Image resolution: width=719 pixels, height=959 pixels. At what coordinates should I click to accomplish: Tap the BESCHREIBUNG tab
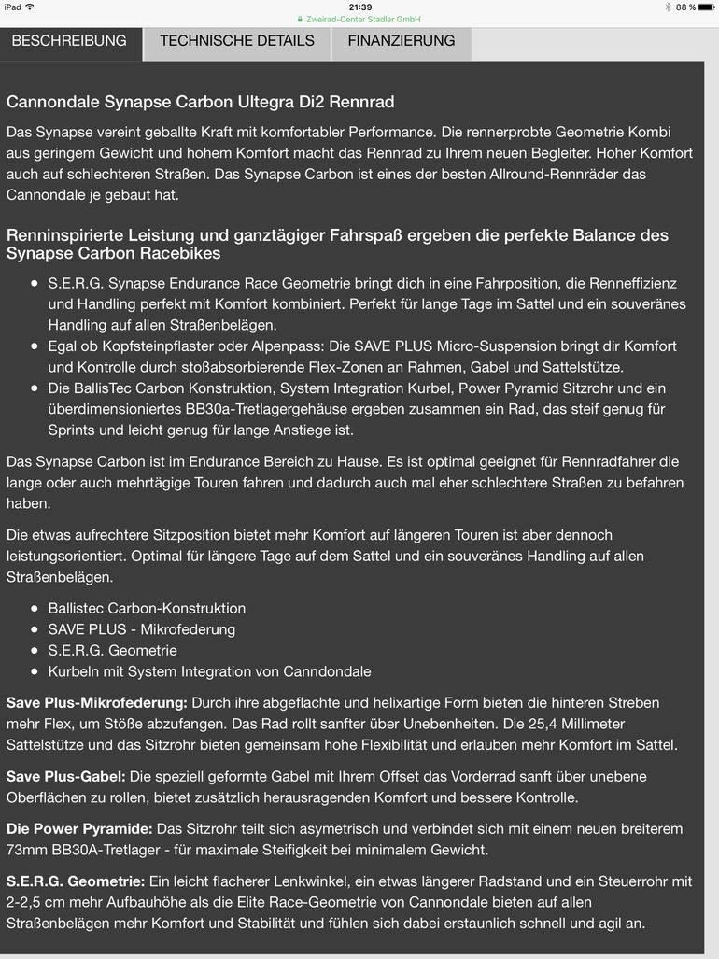tap(69, 41)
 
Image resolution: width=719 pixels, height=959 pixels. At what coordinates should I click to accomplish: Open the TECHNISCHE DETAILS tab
tap(237, 41)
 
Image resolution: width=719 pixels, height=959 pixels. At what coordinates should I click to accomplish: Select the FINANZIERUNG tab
tap(402, 41)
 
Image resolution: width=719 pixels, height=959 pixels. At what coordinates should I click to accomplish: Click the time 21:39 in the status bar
tap(359, 7)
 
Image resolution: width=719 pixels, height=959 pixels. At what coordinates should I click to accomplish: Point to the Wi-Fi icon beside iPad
tap(30, 7)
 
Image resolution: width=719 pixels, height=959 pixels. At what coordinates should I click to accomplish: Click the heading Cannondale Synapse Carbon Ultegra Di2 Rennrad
tap(200, 102)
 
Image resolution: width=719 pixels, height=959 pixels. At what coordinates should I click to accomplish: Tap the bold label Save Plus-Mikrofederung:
tap(97, 702)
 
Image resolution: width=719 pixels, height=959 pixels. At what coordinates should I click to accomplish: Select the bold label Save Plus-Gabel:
tap(65, 777)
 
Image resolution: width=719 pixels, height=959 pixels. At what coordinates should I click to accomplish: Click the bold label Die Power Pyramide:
tap(78, 829)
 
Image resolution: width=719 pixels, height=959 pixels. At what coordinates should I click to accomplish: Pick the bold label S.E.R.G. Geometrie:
tap(76, 881)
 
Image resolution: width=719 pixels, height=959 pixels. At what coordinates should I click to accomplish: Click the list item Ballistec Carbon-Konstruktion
tap(147, 608)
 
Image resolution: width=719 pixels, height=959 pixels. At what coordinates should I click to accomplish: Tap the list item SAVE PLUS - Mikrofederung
tap(141, 629)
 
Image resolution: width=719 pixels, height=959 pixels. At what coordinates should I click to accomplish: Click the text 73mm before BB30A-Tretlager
tap(25, 850)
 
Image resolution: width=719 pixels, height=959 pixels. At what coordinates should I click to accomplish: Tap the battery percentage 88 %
tap(685, 7)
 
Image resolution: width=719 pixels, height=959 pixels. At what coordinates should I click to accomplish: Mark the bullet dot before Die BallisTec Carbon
tap(35, 388)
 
